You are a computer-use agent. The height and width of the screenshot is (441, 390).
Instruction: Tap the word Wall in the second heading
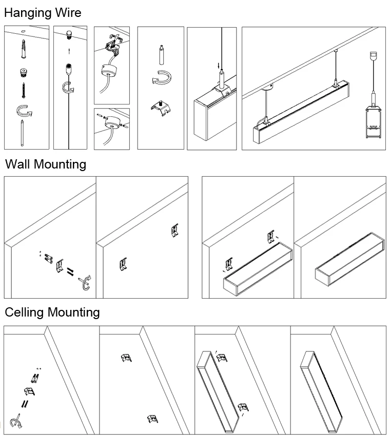[x=18, y=164]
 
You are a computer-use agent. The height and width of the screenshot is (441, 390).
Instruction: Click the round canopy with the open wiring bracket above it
[x=108, y=70]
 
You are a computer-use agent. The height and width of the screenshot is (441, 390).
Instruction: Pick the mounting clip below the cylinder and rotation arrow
[x=160, y=109]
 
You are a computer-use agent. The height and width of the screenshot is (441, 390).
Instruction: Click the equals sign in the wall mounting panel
[x=71, y=271]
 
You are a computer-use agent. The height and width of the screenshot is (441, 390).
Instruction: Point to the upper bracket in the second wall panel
[x=174, y=230]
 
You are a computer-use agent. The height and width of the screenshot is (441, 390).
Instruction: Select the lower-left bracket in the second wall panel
[x=123, y=263]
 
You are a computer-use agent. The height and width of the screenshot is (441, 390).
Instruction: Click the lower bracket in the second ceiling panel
[x=151, y=419]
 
